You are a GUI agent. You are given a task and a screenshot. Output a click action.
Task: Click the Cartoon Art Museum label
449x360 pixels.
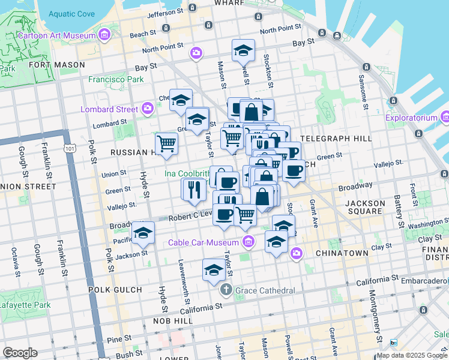tap(57, 35)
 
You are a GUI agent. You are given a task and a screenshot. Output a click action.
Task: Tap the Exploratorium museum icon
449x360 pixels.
tap(444, 118)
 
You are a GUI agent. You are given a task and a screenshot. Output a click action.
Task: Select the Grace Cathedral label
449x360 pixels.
tap(265, 290)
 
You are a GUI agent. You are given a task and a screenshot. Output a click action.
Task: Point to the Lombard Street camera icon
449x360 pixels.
tap(148, 109)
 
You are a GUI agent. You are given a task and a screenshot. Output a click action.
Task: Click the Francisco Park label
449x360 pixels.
tap(116, 79)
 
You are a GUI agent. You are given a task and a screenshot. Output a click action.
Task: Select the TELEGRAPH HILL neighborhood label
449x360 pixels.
tap(336, 138)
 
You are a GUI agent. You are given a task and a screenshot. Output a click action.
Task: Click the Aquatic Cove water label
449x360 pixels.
tap(71, 14)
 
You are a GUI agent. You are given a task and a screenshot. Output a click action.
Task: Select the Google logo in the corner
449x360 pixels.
tap(20, 353)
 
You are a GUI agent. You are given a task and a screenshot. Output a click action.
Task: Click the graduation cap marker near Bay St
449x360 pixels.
tap(243, 52)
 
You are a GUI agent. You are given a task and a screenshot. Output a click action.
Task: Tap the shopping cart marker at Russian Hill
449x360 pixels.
tap(166, 144)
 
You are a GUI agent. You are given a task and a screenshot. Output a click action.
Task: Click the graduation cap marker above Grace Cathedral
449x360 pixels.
tap(214, 271)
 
